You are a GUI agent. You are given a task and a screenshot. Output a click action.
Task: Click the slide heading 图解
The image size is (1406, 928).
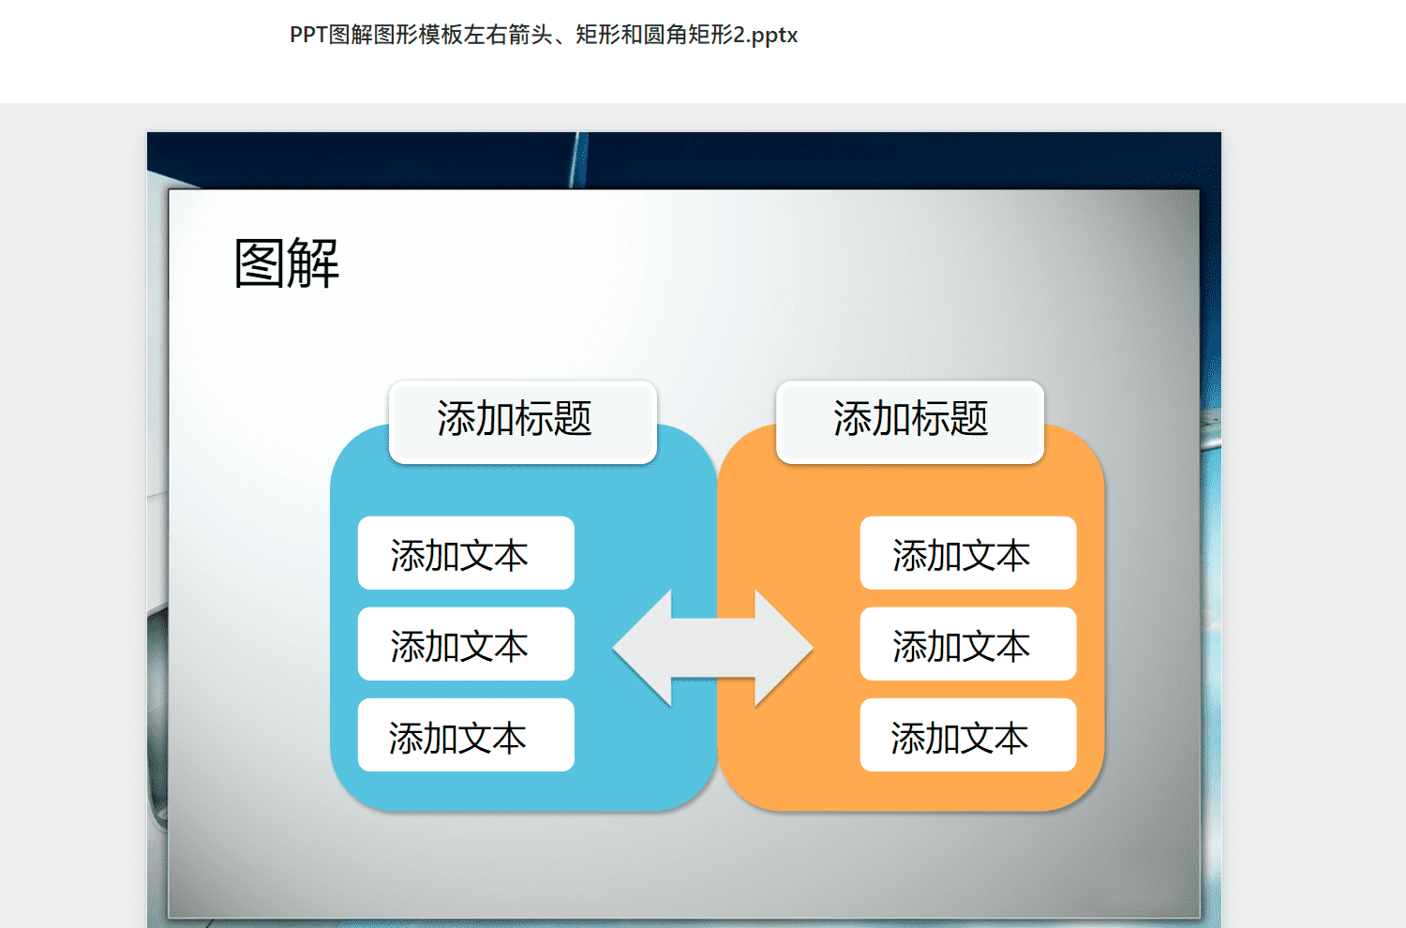click(x=286, y=263)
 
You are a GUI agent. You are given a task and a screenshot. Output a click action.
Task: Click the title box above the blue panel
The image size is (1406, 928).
click(x=523, y=422)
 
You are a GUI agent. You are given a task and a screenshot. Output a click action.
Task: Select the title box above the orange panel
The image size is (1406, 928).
click(x=910, y=422)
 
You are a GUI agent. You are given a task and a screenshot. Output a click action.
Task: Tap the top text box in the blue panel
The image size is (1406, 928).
click(x=466, y=553)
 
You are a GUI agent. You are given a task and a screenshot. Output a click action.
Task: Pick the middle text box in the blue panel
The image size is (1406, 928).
click(x=466, y=644)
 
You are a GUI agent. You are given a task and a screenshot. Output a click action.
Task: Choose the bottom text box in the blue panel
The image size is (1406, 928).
click(x=466, y=735)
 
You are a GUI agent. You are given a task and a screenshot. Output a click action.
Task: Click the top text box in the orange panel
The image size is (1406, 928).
click(x=968, y=553)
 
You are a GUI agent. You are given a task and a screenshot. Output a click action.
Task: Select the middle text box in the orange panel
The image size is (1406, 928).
click(x=968, y=644)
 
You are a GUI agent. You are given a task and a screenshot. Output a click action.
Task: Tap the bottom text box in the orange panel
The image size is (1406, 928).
click(x=968, y=735)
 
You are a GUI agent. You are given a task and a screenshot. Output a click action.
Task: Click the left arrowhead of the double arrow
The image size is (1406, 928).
click(x=643, y=648)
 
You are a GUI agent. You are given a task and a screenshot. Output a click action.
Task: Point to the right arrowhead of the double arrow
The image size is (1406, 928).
click(x=784, y=648)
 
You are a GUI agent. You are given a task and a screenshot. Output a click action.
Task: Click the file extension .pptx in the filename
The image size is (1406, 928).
click(x=774, y=36)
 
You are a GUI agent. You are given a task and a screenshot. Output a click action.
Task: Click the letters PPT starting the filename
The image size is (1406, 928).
click(x=308, y=36)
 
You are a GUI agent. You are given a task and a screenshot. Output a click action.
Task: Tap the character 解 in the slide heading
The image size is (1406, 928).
click(x=314, y=263)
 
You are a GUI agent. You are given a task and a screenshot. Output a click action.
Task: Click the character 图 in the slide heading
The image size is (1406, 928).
click(x=260, y=263)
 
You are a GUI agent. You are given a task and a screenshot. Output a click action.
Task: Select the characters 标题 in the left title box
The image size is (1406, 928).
click(x=553, y=419)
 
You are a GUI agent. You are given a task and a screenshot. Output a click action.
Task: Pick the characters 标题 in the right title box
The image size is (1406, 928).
click(x=950, y=419)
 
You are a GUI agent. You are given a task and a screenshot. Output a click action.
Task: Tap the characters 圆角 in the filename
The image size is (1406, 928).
click(x=666, y=36)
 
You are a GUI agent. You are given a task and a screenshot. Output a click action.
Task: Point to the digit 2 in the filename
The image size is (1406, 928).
click(x=740, y=36)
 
